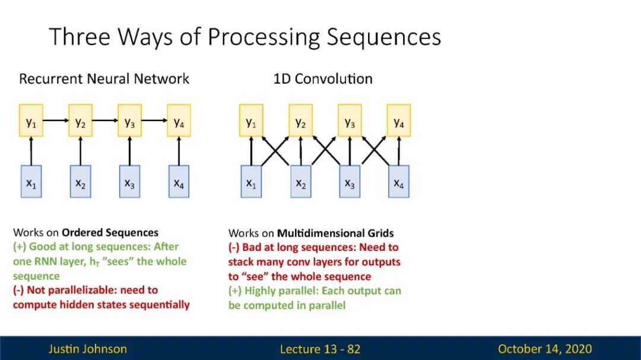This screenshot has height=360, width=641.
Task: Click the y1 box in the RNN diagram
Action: (x=31, y=121)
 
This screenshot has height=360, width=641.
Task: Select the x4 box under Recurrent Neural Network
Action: (x=179, y=181)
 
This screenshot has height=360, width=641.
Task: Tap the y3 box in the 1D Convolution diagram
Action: (x=350, y=121)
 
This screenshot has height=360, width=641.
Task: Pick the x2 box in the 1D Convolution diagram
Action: (x=301, y=181)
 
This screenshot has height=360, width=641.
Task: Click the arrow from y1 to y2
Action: (x=56, y=121)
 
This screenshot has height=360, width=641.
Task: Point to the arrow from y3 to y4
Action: (x=154, y=121)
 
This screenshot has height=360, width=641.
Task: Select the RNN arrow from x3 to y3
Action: (x=129, y=151)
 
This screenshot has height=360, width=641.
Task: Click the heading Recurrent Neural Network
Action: (x=104, y=79)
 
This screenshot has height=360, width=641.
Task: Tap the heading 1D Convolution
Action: (x=323, y=79)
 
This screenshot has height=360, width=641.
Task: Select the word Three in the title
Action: (x=80, y=37)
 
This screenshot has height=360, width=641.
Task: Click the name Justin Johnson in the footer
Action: (x=88, y=349)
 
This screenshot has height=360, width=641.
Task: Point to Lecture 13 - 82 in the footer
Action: (x=320, y=349)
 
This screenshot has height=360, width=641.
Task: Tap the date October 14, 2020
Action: (x=545, y=349)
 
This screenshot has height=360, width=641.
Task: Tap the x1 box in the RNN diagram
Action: (x=31, y=181)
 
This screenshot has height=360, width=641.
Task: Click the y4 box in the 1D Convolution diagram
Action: (x=399, y=121)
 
